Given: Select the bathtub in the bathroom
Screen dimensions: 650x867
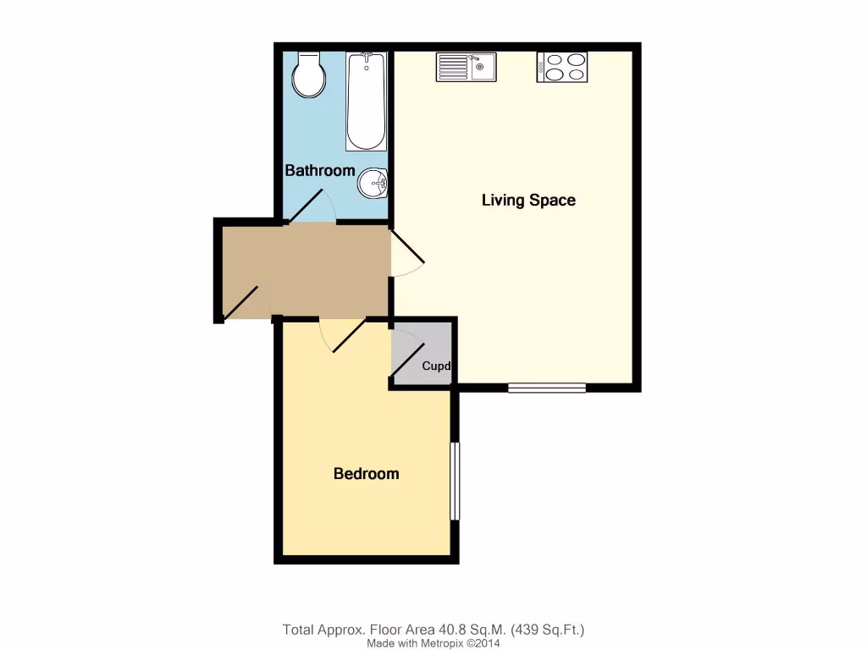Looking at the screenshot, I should click(366, 101).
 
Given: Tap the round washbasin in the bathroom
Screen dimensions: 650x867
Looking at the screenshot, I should click(373, 182).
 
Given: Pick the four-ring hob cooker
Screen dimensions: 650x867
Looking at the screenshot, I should click(562, 67).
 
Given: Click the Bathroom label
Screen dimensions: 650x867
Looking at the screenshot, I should click(319, 170).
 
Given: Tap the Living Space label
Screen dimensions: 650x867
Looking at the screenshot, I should click(528, 201).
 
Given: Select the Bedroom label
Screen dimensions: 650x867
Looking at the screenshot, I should click(366, 474).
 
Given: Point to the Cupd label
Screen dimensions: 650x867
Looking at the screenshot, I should click(435, 366).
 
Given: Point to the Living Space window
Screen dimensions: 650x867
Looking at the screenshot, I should click(547, 388).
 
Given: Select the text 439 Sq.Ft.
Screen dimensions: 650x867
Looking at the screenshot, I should click(549, 630).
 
